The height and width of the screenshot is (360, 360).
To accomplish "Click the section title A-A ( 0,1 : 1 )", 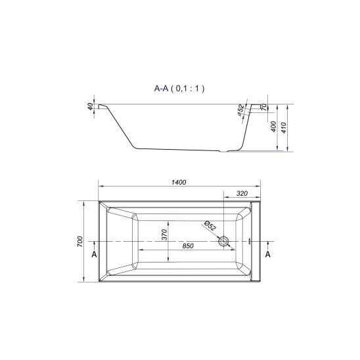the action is click(x=179, y=89).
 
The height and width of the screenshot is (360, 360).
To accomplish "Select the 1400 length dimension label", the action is click(x=179, y=182).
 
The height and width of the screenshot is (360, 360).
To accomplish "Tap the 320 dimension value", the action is click(x=242, y=193).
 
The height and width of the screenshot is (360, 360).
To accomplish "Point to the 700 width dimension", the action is click(x=80, y=241).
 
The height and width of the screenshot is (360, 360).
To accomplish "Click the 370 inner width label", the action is click(x=164, y=235).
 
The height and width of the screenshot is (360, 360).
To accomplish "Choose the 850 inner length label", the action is click(x=188, y=246).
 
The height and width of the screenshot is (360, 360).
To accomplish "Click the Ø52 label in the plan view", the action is click(x=210, y=225).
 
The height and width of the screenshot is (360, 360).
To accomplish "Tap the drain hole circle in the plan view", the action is click(x=223, y=242).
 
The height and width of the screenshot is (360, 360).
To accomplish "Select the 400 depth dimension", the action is click(x=274, y=127).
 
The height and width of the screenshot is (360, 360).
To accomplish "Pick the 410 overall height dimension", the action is click(x=284, y=127).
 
